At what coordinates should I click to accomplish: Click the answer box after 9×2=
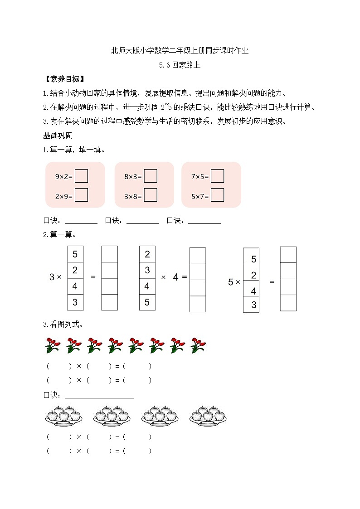pyautogui.click(x=81, y=176)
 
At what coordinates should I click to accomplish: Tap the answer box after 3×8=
pyautogui.click(x=151, y=195)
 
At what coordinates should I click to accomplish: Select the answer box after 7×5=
pyautogui.click(x=218, y=176)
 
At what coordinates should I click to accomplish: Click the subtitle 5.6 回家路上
pyautogui.click(x=180, y=65)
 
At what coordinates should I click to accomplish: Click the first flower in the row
pyautogui.click(x=53, y=345)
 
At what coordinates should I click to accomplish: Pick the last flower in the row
pyautogui.click(x=198, y=345)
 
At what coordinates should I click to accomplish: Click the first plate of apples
pyautogui.click(x=63, y=416)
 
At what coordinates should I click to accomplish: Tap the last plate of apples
pyautogui.click(x=208, y=416)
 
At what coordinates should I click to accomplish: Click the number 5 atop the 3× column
pyautogui.click(x=75, y=254)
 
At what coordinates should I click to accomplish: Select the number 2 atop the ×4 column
pyautogui.click(x=147, y=254)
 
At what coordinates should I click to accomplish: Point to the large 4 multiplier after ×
pyautogui.click(x=176, y=277)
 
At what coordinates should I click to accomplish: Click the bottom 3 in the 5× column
pyautogui.click(x=253, y=305)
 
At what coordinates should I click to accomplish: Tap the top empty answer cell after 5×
pyautogui.click(x=288, y=255)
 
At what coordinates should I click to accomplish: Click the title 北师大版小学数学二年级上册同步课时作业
pyautogui.click(x=180, y=51)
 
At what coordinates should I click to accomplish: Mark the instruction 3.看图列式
pyautogui.click(x=63, y=324)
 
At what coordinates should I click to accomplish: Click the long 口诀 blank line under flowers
pyautogui.click(x=99, y=395)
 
